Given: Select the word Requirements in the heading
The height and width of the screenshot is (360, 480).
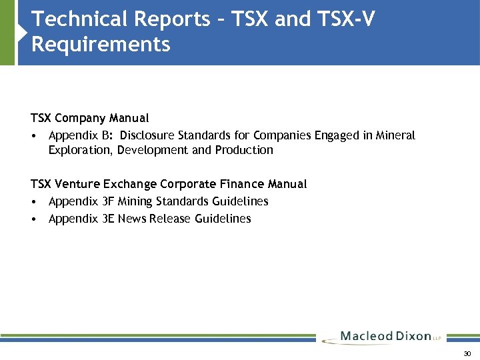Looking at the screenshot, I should click(100, 45).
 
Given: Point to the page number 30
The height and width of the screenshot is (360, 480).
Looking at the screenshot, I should click(467, 353).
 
